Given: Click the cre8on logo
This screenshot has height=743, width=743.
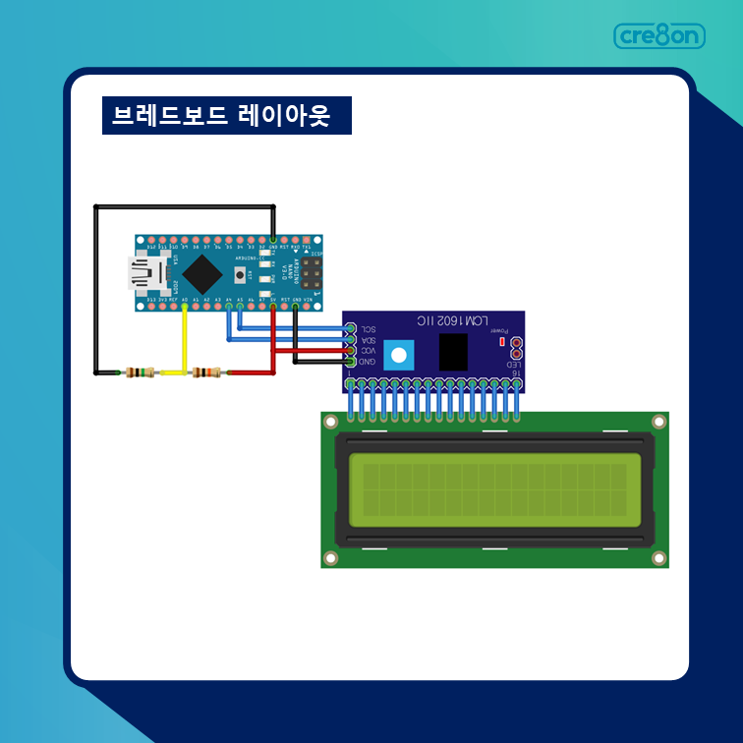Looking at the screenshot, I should point(659,36).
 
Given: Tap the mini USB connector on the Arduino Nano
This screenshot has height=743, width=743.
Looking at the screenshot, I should point(145,274).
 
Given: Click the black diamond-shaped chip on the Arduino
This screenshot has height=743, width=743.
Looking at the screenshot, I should point(201,273).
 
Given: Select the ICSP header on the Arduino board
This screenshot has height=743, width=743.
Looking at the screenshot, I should point(312,273).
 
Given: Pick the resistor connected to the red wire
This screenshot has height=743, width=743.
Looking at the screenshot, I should point(207,372).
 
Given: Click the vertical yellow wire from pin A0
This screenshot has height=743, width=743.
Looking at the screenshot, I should point(185,339).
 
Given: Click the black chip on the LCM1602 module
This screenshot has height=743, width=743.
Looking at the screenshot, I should point(453,352).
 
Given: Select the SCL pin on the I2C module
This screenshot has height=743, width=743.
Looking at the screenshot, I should point(350,328).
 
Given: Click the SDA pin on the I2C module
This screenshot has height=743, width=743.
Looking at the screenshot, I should point(350,339).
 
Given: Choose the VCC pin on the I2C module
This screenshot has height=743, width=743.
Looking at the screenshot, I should point(350,350).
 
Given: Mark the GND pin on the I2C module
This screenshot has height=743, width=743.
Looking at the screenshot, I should point(350,362).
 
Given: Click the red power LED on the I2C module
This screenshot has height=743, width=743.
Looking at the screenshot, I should point(501,343).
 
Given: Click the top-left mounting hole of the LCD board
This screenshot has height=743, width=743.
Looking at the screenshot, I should point(330,422).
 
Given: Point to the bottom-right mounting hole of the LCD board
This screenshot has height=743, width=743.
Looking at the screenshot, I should point(658,558).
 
